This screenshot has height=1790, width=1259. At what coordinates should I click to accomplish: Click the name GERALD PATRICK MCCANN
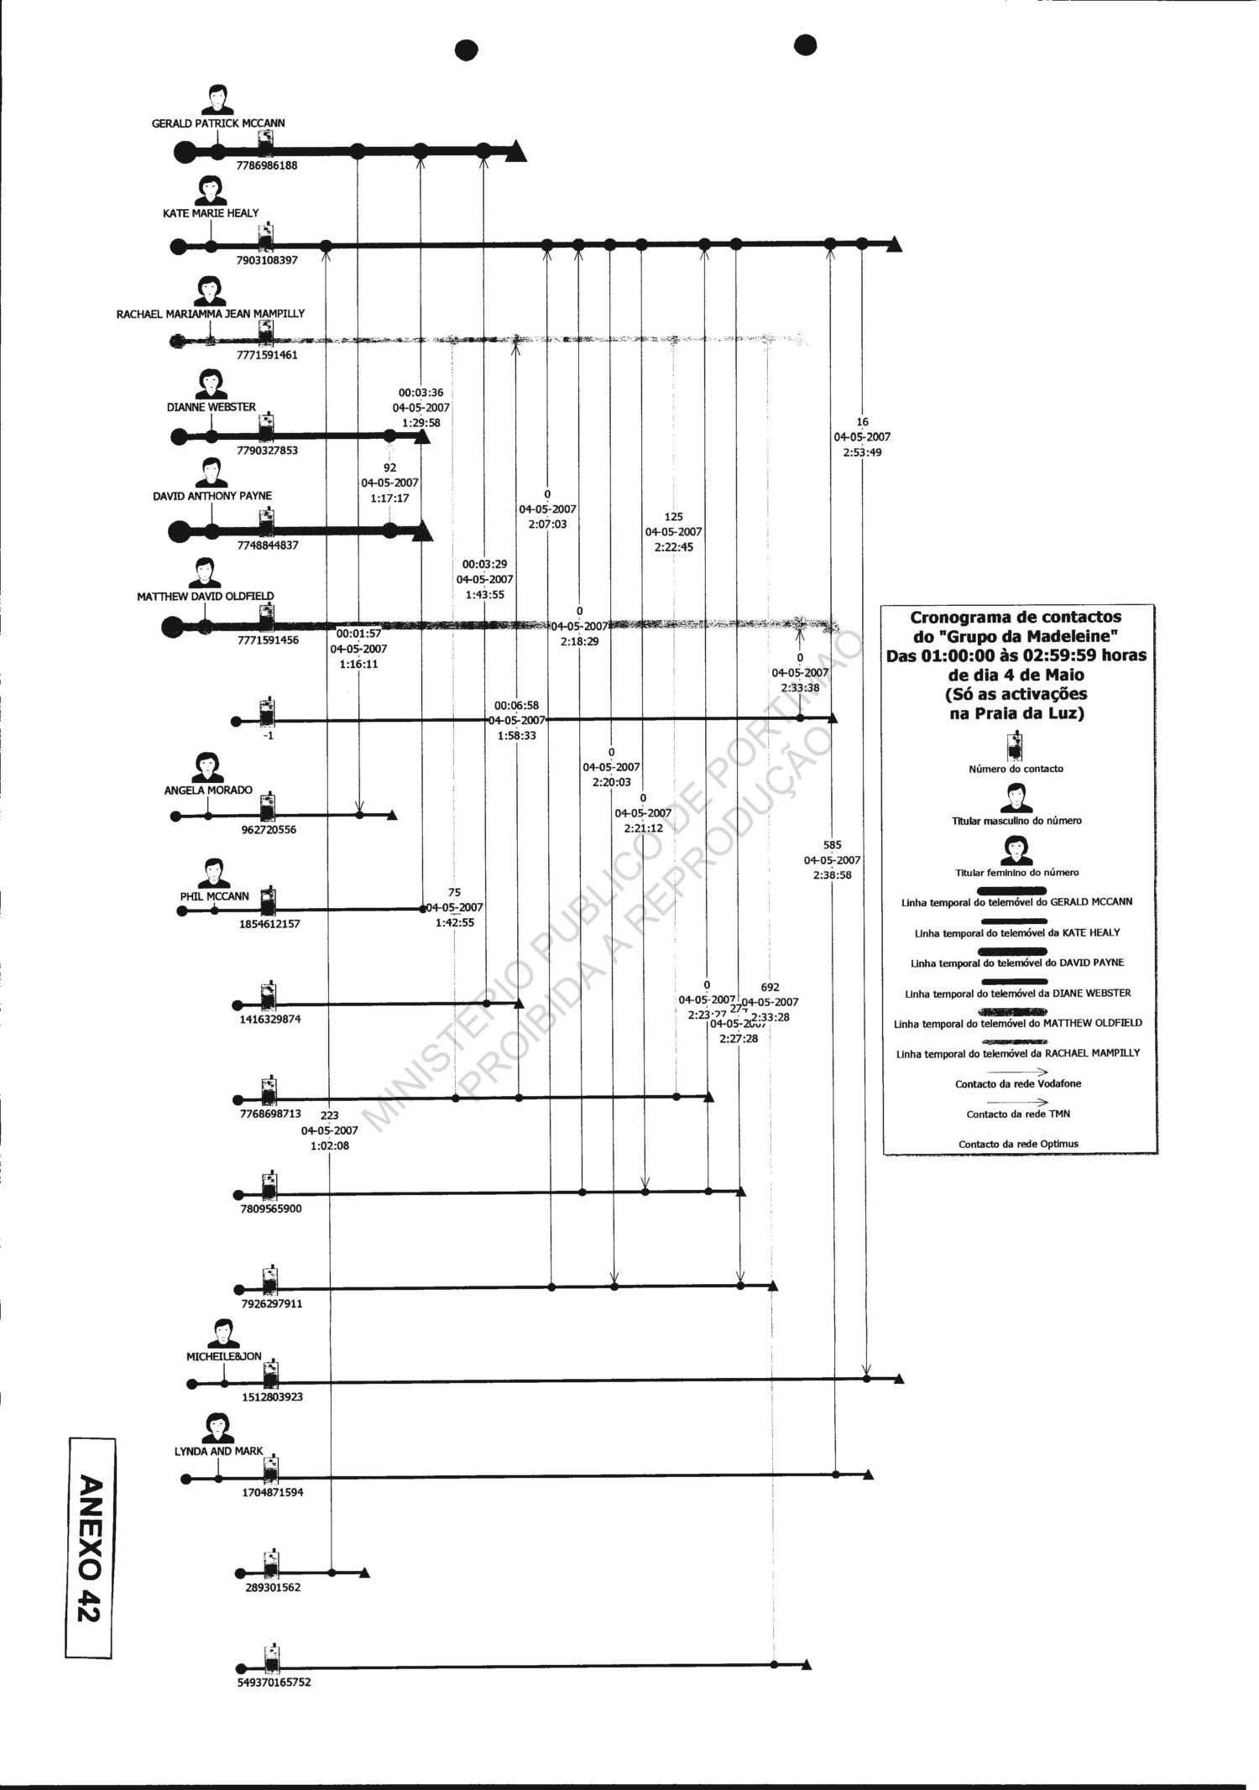tap(217, 123)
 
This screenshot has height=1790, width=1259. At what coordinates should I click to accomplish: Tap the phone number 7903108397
tap(267, 260)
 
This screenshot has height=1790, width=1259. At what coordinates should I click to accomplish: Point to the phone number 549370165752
tap(274, 1683)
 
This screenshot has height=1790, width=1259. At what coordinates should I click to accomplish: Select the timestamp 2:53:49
tap(862, 452)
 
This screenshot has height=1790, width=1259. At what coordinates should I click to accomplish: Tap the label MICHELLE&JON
tap(224, 1356)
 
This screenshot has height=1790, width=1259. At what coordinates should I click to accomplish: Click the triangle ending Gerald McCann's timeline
tap(516, 151)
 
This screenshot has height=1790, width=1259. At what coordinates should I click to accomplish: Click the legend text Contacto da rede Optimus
tap(1018, 1144)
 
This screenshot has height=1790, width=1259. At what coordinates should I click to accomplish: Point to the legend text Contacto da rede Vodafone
tap(1018, 1083)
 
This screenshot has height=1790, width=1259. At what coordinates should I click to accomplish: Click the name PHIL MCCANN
tap(215, 896)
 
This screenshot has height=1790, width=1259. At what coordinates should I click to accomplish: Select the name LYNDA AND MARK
tap(224, 1451)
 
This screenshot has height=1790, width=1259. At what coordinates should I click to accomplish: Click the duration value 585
tap(832, 845)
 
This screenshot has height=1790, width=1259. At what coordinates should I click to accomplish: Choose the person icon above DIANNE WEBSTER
tap(210, 384)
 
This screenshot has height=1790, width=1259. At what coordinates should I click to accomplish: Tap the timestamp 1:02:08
tap(330, 1145)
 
